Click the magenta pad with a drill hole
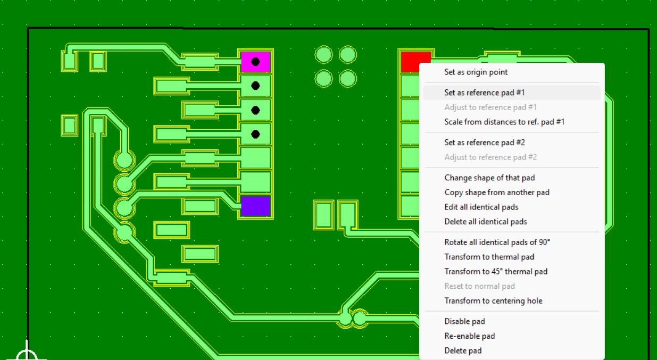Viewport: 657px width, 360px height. coord(255,62)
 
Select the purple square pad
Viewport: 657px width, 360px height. coord(255,206)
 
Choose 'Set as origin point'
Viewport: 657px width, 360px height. coord(476,72)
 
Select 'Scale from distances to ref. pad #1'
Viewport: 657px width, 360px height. coord(504,122)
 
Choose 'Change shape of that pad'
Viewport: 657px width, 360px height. coord(489,178)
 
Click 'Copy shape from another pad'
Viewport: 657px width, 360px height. coord(497,192)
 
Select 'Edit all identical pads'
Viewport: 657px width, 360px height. coord(481,207)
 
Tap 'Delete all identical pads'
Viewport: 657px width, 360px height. coord(486,222)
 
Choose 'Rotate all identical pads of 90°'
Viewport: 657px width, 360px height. coord(497,242)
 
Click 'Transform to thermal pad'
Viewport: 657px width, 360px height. coord(489,257)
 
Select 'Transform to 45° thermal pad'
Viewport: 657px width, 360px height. coord(496,272)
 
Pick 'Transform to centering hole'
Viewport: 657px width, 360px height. coord(493,301)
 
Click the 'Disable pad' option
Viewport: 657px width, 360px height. coord(464,321)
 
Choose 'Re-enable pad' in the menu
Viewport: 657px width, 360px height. coord(470,336)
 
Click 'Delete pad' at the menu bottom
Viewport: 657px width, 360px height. coord(463,350)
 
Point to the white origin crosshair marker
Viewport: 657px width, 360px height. coord(27,355)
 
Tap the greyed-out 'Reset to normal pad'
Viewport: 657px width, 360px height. coord(479,286)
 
